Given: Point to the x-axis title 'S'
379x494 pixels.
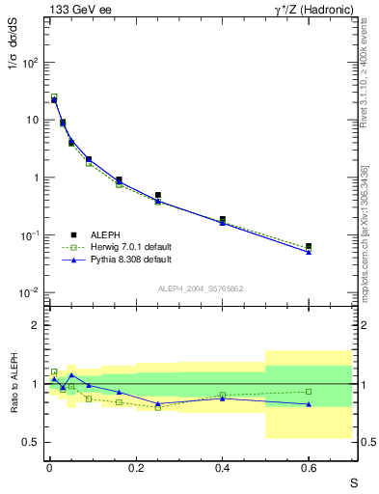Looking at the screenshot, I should (353, 481).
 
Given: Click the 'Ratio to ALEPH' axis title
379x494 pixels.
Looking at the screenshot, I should (14, 384).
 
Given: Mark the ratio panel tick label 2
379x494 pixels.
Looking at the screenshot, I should (34, 326).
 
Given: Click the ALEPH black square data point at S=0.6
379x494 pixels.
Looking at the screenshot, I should (309, 247).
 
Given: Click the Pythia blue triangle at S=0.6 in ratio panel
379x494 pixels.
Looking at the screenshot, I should (309, 404).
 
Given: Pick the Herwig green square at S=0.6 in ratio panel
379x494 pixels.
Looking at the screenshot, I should (309, 391).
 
